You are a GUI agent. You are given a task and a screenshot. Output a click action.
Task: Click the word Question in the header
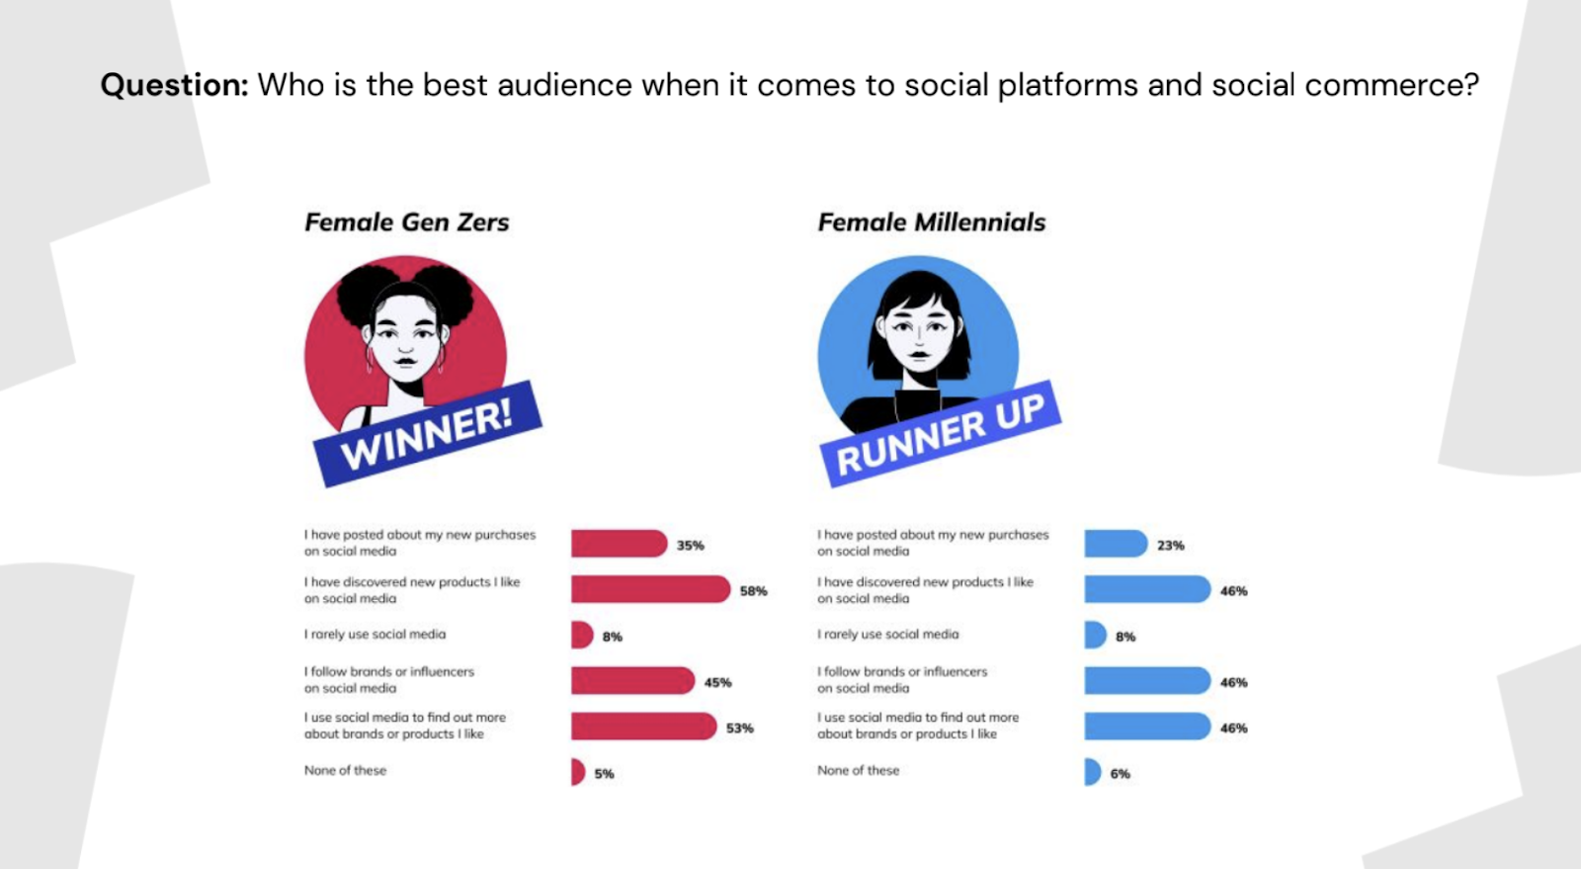click(x=174, y=86)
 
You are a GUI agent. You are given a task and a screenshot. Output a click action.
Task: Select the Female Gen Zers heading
click(x=406, y=222)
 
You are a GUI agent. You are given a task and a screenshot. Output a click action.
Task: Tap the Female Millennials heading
click(x=931, y=222)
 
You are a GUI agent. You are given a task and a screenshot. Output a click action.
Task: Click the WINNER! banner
click(x=427, y=434)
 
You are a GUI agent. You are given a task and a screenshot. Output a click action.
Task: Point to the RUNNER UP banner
click(x=940, y=434)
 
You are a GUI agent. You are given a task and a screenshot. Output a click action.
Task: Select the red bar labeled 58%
click(x=649, y=590)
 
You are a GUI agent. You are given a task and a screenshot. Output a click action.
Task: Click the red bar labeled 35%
click(x=619, y=544)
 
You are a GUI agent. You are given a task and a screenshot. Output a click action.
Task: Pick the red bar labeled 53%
click(x=642, y=727)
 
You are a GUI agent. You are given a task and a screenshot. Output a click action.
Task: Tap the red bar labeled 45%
click(x=632, y=681)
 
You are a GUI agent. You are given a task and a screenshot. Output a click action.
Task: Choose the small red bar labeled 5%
click(x=577, y=772)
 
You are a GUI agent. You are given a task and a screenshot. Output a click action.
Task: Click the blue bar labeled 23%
click(x=1115, y=544)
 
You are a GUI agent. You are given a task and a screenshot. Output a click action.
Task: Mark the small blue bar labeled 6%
click(x=1092, y=772)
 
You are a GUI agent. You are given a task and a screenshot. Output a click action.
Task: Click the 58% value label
click(x=753, y=591)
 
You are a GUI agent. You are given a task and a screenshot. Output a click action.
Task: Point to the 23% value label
click(x=1170, y=546)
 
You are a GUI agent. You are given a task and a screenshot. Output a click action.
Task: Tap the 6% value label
click(x=1120, y=774)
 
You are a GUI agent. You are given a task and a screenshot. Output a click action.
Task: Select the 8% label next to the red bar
click(x=612, y=638)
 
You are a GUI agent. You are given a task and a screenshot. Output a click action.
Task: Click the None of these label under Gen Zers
click(x=345, y=770)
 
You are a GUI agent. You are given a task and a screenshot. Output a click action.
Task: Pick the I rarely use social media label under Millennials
click(x=887, y=635)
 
